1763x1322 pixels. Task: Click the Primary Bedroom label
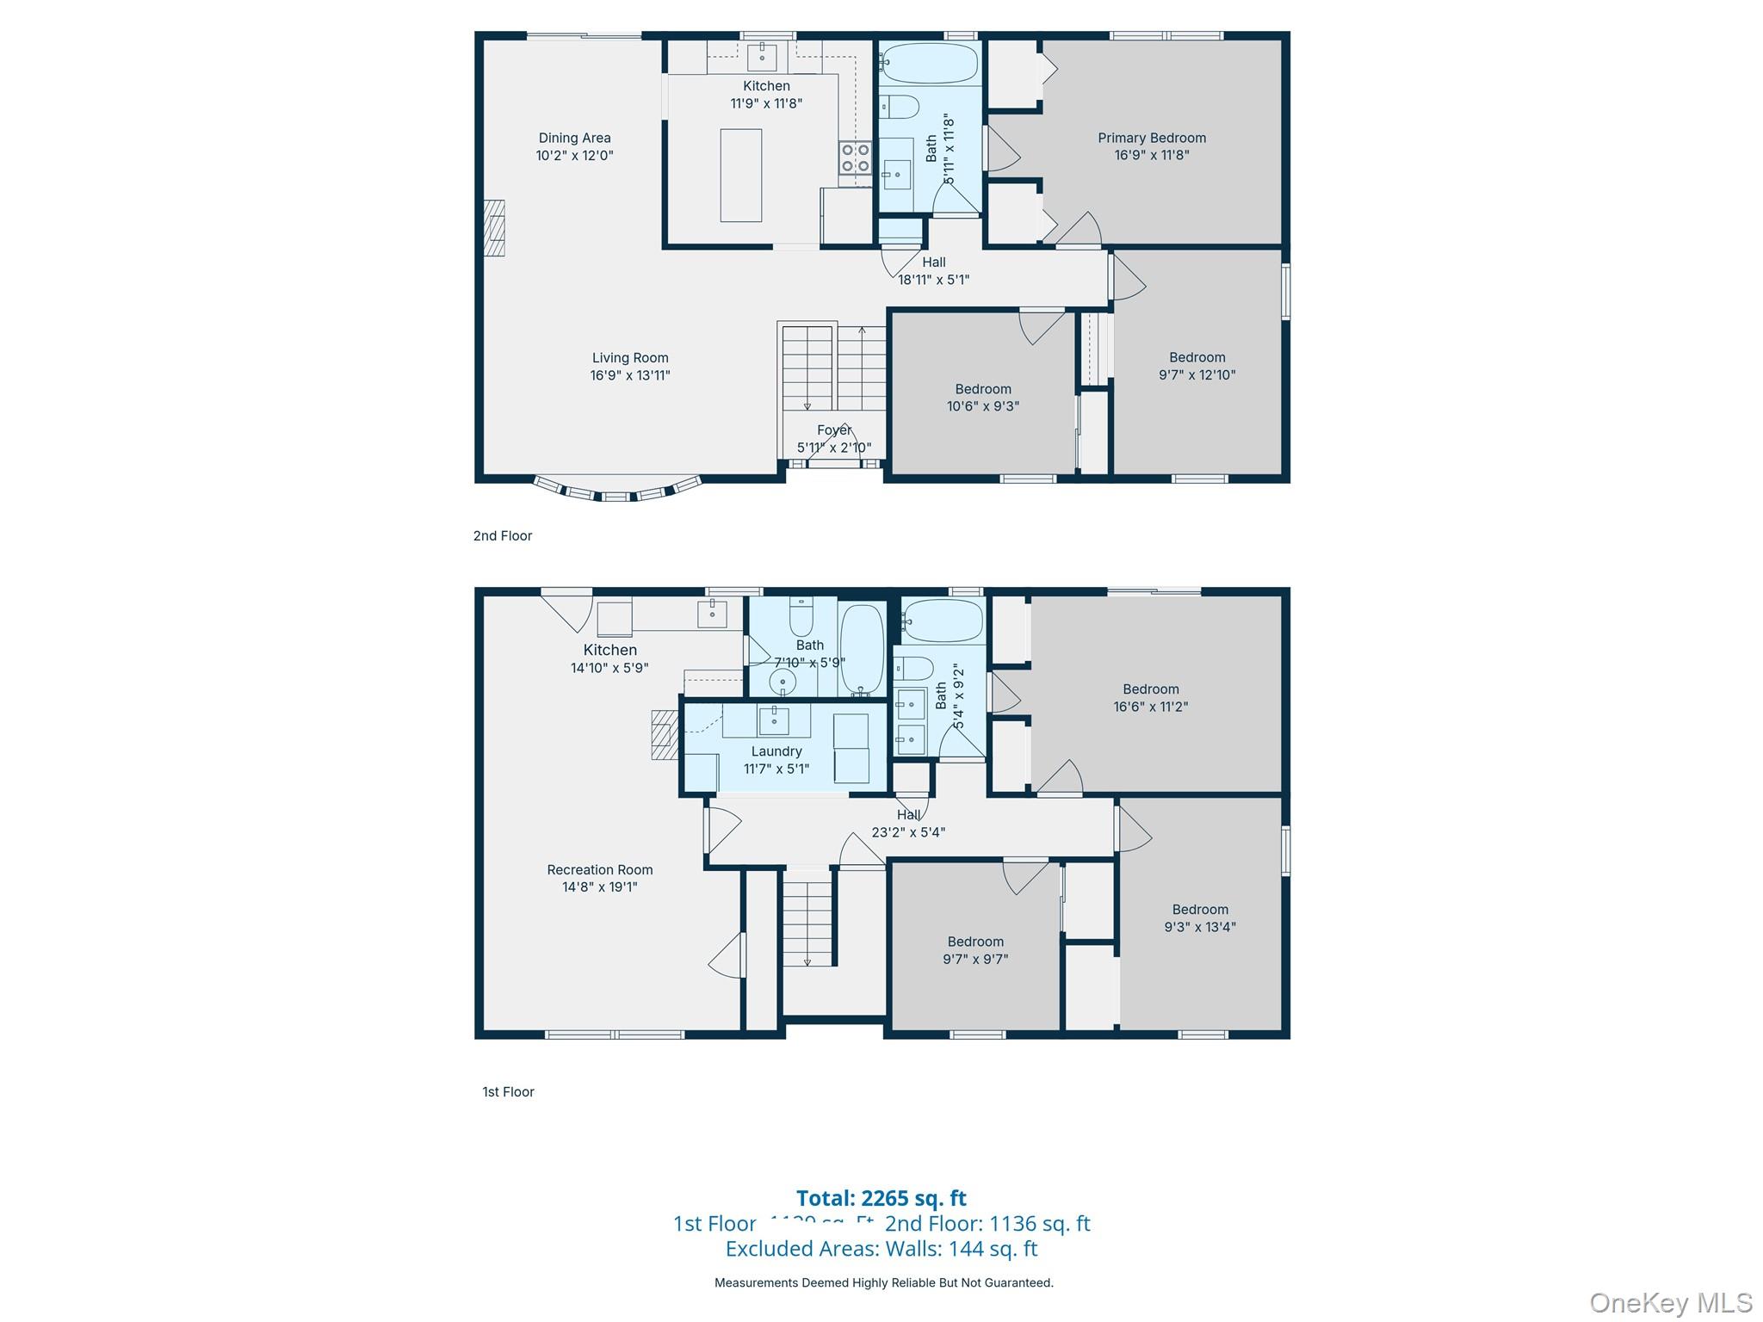pyautogui.click(x=1151, y=146)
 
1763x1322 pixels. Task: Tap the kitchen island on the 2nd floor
pyautogui.click(x=740, y=176)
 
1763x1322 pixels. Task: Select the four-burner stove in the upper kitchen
pyautogui.click(x=855, y=158)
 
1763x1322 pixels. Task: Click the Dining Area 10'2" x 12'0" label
pyautogui.click(x=574, y=146)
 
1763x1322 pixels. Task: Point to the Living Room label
pyautogui.click(x=630, y=366)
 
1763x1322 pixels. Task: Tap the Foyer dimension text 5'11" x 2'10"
pyautogui.click(x=833, y=448)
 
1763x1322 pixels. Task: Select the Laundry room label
pyautogui.click(x=776, y=759)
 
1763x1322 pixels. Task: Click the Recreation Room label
pyautogui.click(x=600, y=878)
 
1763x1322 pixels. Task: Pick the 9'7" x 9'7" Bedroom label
pyautogui.click(x=975, y=950)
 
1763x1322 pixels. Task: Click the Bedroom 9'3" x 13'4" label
pyautogui.click(x=1199, y=917)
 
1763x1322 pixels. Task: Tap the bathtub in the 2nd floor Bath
pyautogui.click(x=930, y=63)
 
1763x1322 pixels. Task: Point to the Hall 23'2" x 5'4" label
pyautogui.click(x=908, y=824)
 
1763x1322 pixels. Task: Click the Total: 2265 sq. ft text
pyautogui.click(x=881, y=1198)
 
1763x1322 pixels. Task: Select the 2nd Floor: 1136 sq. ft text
pyautogui.click(x=987, y=1223)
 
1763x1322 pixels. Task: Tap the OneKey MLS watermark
pyautogui.click(x=1671, y=1302)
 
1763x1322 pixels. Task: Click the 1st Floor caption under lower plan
pyautogui.click(x=508, y=1091)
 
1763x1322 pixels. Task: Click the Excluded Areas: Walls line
pyautogui.click(x=881, y=1248)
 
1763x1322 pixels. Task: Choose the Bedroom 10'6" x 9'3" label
pyautogui.click(x=983, y=398)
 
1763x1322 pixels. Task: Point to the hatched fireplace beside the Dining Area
pyautogui.click(x=493, y=228)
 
